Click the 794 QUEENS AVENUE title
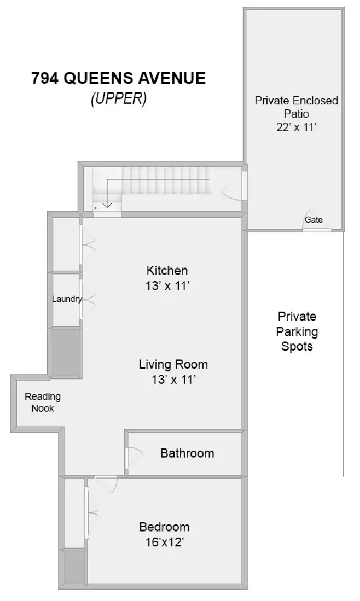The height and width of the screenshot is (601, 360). pos(119,78)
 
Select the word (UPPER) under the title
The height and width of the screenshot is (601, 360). pos(119,99)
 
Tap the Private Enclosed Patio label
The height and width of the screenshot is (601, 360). pos(297,107)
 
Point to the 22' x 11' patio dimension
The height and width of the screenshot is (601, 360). pos(297,127)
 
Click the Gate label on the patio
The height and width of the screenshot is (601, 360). pos(313,220)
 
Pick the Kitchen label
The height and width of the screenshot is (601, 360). pos(167,271)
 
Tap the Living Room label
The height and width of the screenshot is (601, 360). pos(174,364)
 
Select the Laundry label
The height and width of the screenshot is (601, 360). pos(67,299)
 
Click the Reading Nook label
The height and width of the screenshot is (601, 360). pos(42,402)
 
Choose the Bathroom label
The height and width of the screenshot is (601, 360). pos(187,453)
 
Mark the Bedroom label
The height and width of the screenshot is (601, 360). pos(164,526)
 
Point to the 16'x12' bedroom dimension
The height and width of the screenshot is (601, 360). pos(164,543)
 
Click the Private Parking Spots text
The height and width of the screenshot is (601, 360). pos(297,332)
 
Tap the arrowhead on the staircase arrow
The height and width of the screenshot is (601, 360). pos(107,205)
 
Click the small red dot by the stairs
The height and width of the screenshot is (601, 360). pos(96,208)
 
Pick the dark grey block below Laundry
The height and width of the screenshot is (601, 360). pos(66,352)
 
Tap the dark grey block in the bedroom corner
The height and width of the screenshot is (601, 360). pos(74,568)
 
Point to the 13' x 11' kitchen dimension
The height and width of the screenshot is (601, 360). pos(168,286)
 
